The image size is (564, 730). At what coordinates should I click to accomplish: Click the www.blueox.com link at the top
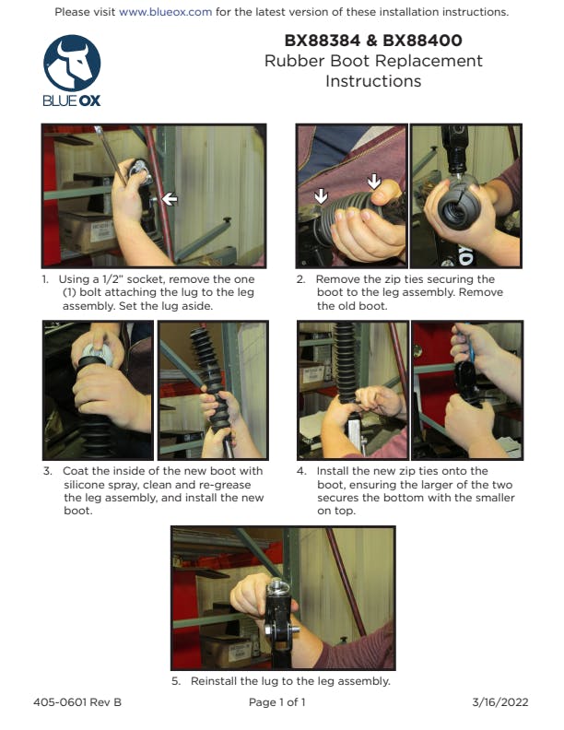tap(165, 12)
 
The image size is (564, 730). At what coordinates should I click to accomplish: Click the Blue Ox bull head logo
tap(72, 63)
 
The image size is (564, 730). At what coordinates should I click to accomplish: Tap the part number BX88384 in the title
tap(322, 41)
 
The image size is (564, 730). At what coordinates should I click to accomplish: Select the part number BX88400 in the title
tap(422, 41)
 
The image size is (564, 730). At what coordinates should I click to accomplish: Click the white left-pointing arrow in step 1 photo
tap(170, 199)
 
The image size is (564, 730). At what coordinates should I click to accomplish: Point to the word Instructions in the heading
tap(373, 81)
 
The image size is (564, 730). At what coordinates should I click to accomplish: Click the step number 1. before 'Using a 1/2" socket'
tap(45, 279)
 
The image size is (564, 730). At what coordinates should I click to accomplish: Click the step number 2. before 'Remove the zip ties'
tap(301, 279)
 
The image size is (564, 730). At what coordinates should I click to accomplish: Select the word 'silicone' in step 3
tap(84, 485)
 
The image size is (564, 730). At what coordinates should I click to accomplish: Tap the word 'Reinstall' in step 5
tap(214, 681)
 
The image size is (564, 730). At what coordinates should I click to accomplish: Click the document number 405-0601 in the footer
tap(60, 702)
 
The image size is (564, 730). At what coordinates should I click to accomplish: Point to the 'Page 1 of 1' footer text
tap(277, 702)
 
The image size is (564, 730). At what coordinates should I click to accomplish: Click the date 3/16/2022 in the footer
tap(500, 702)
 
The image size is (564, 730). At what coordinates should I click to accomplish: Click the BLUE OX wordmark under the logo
tap(72, 100)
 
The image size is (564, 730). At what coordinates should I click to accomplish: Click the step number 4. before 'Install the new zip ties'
tap(301, 471)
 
